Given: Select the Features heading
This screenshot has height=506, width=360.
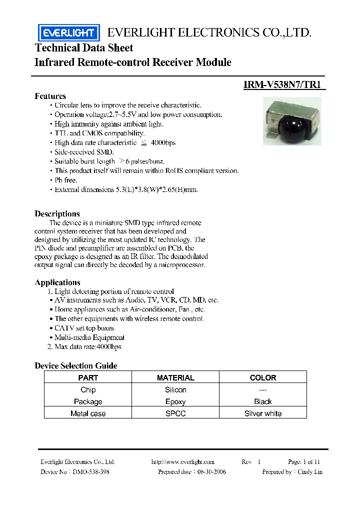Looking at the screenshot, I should tap(50, 96).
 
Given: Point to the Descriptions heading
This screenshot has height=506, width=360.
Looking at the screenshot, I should tap(57, 213).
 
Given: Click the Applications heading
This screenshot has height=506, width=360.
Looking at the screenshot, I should tap(57, 282).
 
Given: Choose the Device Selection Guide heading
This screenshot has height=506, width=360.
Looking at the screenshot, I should tap(75, 365).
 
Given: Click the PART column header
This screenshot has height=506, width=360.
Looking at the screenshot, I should tap(88, 377).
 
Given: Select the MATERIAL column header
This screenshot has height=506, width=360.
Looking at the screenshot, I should tap(175, 377).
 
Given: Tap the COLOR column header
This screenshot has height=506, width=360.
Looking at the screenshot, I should tap(263, 377).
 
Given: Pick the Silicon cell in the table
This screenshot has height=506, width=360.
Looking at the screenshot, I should tap(175, 389).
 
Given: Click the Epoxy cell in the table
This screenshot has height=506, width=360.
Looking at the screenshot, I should tap(175, 401).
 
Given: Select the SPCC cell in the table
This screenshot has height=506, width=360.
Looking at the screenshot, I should tap(175, 413).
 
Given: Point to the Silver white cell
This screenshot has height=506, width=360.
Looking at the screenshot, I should tap(263, 413).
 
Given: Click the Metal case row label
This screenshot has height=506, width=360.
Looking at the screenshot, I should tap(88, 413).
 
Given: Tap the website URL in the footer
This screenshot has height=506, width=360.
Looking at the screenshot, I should tap(182, 462).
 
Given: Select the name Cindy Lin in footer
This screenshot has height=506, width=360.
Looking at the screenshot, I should tap(310, 472).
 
